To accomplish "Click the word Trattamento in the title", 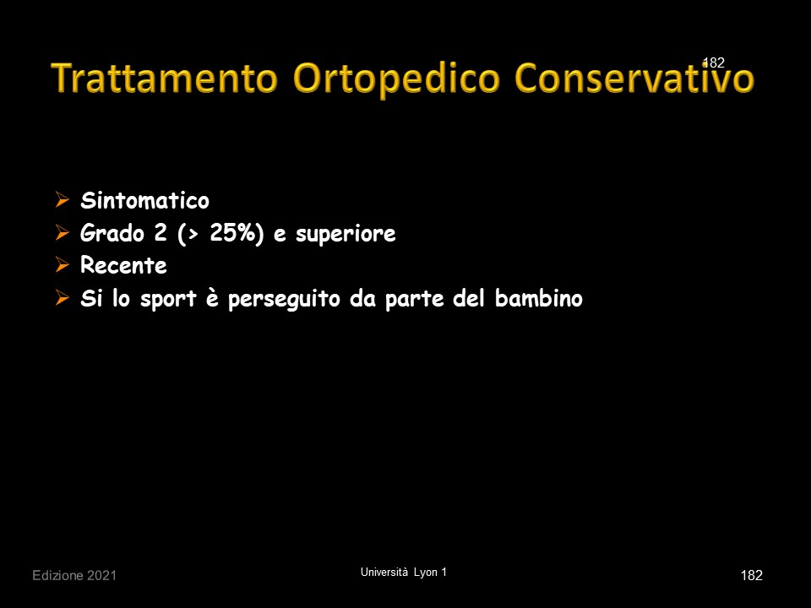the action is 165,78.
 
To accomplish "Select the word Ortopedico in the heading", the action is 397,79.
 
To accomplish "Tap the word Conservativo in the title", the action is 634,78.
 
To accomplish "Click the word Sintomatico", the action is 144,201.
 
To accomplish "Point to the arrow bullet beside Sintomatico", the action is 62,199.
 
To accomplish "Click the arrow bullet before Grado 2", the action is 62,233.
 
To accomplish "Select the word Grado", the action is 112,233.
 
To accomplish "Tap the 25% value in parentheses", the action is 232,233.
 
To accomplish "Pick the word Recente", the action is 123,266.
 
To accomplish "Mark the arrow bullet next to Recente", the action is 62,265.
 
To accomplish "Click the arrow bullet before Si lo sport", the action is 62,298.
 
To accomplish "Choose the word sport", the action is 168,300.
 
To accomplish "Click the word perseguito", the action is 284,300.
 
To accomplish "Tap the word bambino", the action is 538,298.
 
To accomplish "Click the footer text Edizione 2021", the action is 74,575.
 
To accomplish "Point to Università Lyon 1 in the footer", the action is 404,573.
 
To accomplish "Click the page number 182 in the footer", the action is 752,575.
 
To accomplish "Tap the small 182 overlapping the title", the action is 714,62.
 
